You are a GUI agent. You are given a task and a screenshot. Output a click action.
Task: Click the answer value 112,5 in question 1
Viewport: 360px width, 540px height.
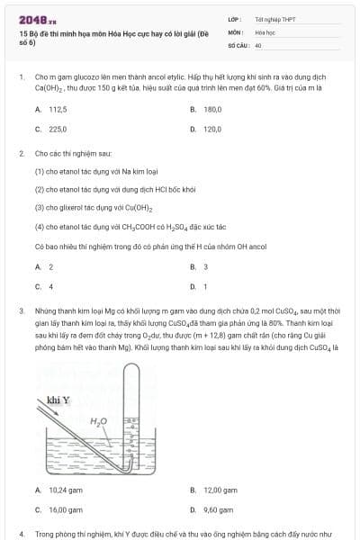coord(58,109)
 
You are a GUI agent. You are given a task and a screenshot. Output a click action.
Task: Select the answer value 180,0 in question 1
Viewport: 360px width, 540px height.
coord(212,109)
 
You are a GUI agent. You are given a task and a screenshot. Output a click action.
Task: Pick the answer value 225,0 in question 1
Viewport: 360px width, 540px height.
coord(58,129)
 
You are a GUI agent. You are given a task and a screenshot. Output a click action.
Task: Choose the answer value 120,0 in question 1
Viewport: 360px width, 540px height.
coord(212,129)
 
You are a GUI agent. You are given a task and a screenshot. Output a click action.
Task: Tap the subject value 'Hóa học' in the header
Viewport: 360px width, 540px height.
coord(265,31)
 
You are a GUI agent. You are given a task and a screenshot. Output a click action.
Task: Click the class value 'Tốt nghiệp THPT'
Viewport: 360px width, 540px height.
coord(269,18)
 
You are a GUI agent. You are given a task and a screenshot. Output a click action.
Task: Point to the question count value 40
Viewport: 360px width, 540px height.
coord(258,43)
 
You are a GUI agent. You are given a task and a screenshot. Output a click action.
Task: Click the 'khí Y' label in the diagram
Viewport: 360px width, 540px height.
coord(58,399)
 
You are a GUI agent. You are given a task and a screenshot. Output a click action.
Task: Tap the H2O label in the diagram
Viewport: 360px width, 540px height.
coord(99,420)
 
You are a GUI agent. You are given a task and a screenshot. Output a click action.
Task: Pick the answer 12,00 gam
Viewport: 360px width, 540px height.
coord(219,490)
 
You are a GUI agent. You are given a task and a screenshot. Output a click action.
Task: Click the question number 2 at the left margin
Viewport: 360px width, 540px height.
coord(21,153)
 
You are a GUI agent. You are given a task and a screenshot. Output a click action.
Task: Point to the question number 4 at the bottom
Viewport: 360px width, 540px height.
coord(21,534)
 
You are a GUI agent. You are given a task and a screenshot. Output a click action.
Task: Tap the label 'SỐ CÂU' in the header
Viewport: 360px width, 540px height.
coord(238,43)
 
